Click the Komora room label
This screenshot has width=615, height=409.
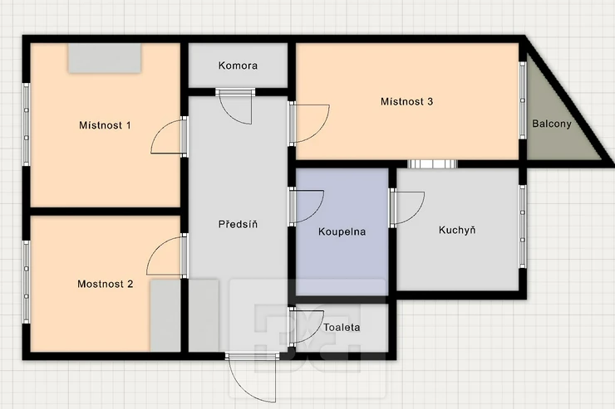click(238, 66)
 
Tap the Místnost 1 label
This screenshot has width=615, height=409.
click(105, 125)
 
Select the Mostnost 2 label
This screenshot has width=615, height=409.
click(105, 284)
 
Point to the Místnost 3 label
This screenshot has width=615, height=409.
click(406, 102)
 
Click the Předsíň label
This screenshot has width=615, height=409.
click(238, 224)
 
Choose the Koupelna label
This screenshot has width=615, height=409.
click(342, 231)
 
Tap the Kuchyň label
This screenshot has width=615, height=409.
click(457, 230)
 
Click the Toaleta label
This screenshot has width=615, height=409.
click(342, 327)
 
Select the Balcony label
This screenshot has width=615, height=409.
click(552, 124)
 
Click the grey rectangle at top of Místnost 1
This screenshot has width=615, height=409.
click(105, 58)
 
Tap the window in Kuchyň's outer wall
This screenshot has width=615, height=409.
click(523, 226)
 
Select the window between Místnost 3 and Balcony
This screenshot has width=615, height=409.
click(523, 100)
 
